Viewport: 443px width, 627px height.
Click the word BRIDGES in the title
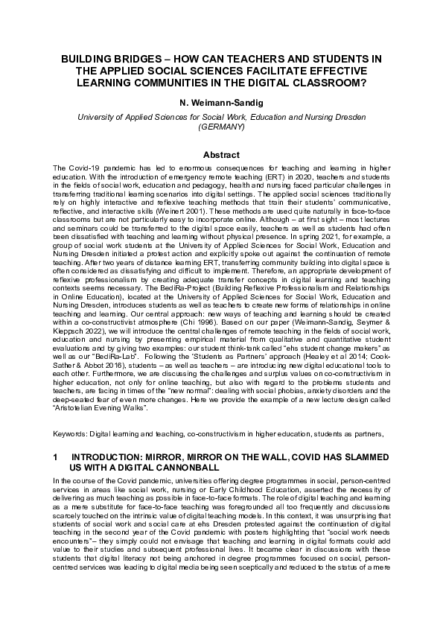[x=128, y=58]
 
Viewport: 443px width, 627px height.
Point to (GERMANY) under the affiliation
[x=221, y=127]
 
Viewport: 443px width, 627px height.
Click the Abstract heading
[x=221, y=155]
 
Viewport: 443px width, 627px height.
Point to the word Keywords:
[x=71, y=433]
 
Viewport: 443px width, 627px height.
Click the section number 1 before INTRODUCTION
[x=56, y=456]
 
